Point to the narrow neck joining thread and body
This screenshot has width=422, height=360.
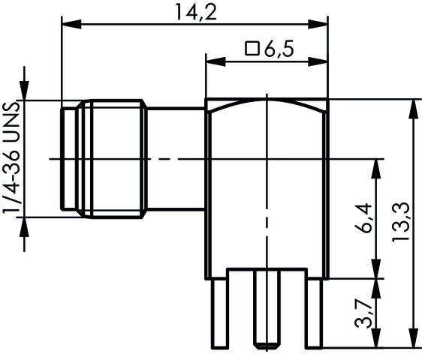[x=176, y=158]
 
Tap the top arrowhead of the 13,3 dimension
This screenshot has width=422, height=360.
[x=411, y=105]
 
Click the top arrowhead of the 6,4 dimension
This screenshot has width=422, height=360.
[x=372, y=164]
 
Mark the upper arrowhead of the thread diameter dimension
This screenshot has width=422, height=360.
[x=26, y=94]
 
